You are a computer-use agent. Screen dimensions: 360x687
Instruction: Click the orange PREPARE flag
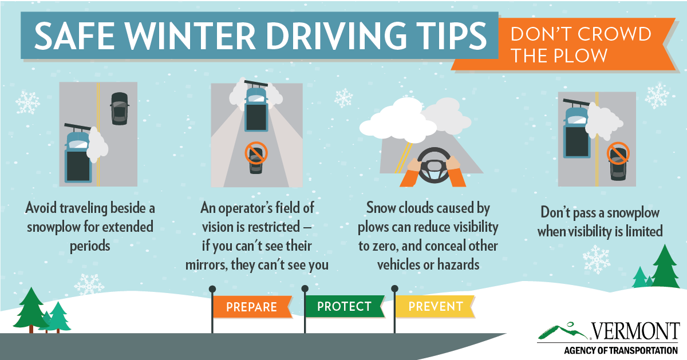click(251, 307)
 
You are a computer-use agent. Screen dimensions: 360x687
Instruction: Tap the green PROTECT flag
click(344, 306)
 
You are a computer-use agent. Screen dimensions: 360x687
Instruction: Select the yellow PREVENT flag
click(435, 306)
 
